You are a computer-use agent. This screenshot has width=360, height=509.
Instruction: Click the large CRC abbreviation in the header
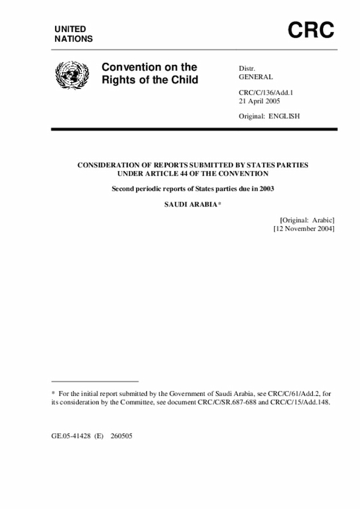tap(311, 30)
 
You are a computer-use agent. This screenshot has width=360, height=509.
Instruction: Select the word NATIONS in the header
tap(74, 39)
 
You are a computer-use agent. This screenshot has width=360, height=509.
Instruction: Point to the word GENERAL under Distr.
tap(256, 77)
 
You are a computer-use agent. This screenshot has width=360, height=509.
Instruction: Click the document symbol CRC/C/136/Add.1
tap(267, 92)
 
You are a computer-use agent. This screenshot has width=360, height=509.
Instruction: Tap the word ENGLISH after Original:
tap(285, 116)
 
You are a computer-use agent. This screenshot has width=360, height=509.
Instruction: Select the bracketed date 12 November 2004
tap(304, 229)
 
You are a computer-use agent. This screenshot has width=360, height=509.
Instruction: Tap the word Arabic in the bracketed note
tap(322, 220)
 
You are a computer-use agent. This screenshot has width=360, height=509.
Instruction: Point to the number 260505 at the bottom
tap(121, 436)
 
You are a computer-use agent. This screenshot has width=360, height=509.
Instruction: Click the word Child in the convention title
tap(183, 80)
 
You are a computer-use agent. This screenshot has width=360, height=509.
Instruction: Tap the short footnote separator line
tap(94, 381)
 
